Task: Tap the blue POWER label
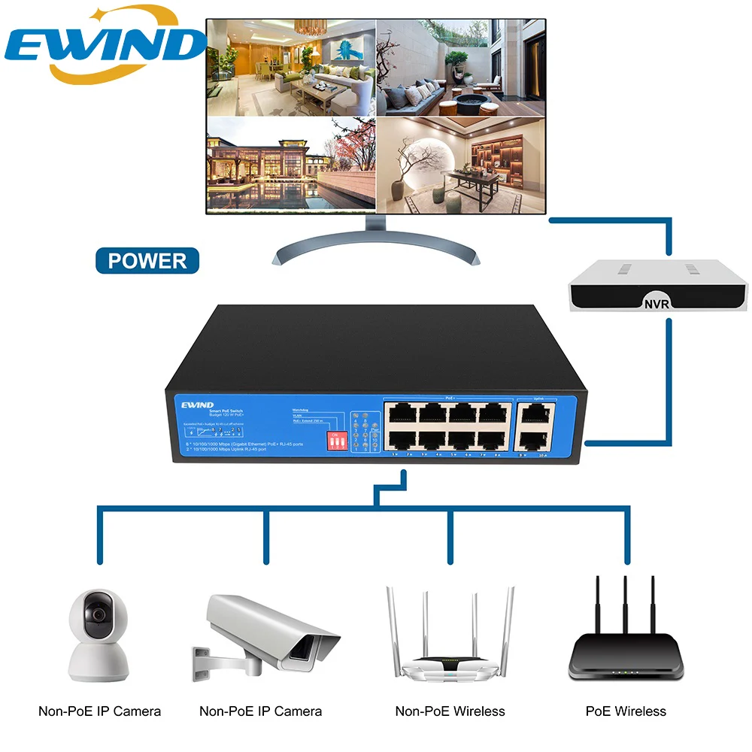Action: tap(147, 261)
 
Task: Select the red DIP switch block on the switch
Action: tap(332, 441)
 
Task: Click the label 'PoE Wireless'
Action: tap(626, 711)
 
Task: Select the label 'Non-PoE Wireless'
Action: tap(450, 711)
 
